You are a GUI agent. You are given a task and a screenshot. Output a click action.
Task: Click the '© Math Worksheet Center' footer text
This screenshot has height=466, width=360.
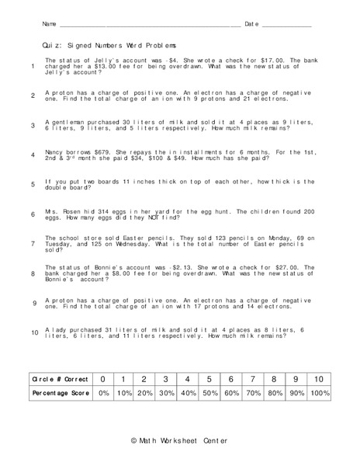pos(179,440)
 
